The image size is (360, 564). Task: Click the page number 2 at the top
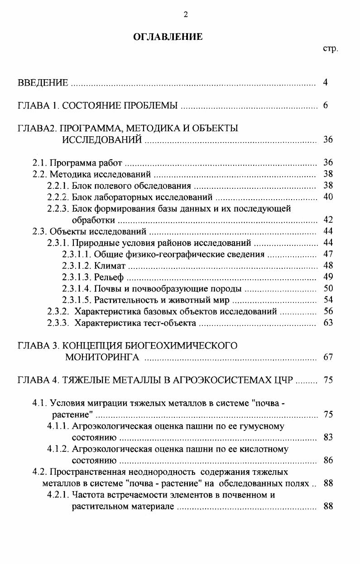tap(185, 14)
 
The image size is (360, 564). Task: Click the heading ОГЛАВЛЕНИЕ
tap(168, 37)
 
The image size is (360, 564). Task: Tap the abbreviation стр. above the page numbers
tap(330, 48)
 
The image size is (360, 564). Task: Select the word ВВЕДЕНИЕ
tap(43, 83)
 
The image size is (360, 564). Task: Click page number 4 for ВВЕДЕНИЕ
tap(326, 82)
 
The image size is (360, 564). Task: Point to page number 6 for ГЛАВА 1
tap(326, 106)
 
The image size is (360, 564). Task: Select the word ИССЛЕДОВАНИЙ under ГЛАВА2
tap(102, 140)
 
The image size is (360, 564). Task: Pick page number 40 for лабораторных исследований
tap(328, 197)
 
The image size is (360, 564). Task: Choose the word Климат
tap(110, 265)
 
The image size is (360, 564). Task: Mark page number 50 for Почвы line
tap(328, 288)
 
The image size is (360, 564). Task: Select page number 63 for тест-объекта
tap(328, 323)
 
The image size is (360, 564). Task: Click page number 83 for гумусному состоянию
tap(328, 437)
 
